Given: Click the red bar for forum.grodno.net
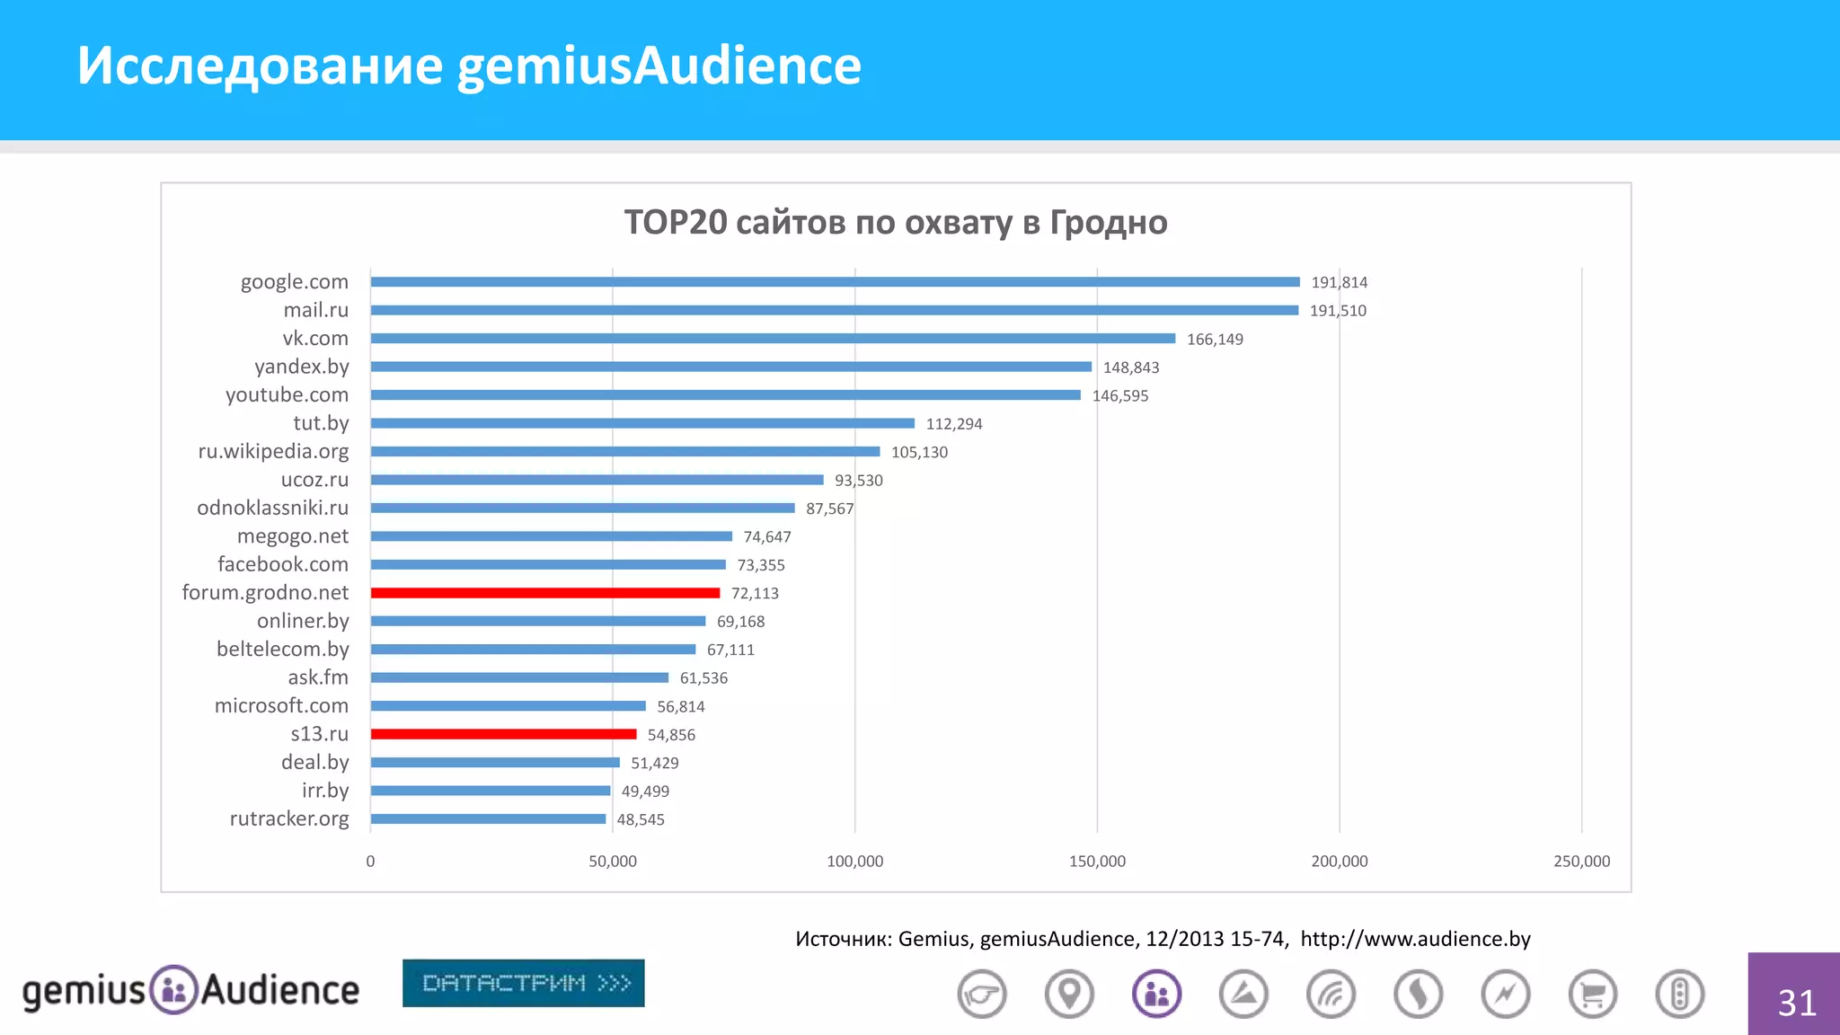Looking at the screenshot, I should tap(545, 593).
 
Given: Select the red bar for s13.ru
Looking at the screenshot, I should tap(503, 734).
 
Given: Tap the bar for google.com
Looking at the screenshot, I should tap(835, 282).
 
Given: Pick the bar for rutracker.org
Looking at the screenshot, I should tap(488, 818).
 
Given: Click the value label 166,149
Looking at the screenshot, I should tap(1215, 340).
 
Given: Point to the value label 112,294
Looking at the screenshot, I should tap(954, 424).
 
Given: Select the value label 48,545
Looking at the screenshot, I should tap(641, 819).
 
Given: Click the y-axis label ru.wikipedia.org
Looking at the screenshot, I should tap(273, 451).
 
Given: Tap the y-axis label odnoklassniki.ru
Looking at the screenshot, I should tap(272, 508).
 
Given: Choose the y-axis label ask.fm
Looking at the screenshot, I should tap(318, 677).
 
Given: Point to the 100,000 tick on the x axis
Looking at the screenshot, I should tap(854, 862).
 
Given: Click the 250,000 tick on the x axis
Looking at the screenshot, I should tap(1581, 862).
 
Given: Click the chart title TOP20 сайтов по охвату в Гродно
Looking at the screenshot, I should tap(896, 222).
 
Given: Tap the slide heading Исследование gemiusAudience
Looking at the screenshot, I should tap(469, 66).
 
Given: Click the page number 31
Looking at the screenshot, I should tap(1797, 1003).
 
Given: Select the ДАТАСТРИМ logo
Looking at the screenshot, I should tap(524, 983).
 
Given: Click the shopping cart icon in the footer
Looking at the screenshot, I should tap(1592, 995).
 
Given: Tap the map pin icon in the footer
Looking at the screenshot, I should tap(1069, 995).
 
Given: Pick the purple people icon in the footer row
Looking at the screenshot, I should tap(1156, 995).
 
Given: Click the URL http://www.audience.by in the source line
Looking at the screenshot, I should tap(1415, 939).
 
